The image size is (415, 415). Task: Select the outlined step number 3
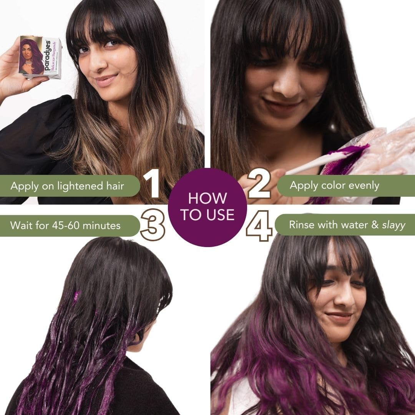(x=153, y=225)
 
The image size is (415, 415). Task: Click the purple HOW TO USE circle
(x=207, y=207)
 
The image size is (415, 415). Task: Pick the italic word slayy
(x=393, y=225)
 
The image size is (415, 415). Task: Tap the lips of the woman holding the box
(x=106, y=80)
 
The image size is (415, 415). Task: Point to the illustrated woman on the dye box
(x=32, y=56)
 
